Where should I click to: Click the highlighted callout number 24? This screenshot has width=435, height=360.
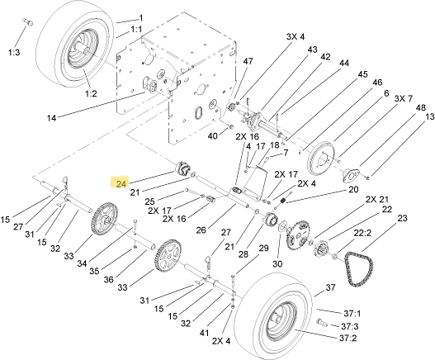[x=121, y=183]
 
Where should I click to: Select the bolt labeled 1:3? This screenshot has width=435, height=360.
[x=27, y=22]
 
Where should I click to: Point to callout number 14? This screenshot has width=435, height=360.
[x=51, y=118]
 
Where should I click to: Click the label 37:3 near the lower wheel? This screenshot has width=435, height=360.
[x=350, y=326]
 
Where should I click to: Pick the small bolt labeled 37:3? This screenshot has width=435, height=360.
[x=322, y=323]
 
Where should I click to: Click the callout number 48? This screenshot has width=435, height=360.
[x=421, y=107]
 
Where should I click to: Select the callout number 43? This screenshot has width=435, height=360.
[x=312, y=50]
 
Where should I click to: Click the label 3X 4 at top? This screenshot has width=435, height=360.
[x=296, y=36]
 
